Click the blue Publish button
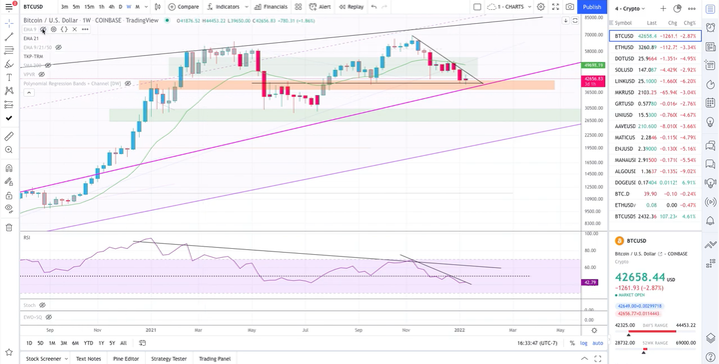592,6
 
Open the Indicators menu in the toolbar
229,6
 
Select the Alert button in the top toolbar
322,6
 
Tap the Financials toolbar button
272,6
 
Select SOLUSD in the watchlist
623,69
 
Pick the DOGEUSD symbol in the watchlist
625,181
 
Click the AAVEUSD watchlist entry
625,125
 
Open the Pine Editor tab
127,358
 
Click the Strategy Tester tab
170,358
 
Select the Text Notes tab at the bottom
88,358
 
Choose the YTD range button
88,343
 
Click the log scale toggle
583,343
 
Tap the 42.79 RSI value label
589,283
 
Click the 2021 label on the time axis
152,328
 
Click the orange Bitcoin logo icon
619,241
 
